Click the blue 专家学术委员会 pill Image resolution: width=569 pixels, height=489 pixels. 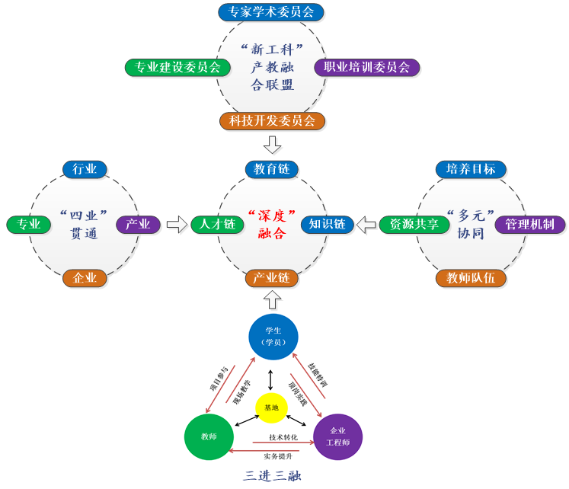tap(271, 12)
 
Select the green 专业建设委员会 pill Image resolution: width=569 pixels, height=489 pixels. tap(177, 67)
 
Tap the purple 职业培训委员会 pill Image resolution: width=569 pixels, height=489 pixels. tap(366, 67)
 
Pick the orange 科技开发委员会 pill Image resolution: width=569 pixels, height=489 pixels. tap(272, 120)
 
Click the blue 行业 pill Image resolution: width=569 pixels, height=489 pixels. tap(85, 169)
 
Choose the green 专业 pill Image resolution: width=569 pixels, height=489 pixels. tap(29, 225)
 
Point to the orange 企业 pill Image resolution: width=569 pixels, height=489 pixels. tap(85, 278)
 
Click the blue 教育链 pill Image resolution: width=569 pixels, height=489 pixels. tap(272, 169)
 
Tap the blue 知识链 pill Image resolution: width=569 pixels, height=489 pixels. tap(328, 225)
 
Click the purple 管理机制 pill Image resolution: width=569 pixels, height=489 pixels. tap(530, 225)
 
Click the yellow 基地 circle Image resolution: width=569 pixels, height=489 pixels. tap(272, 408)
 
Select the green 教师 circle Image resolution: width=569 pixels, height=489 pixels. tap(208, 437)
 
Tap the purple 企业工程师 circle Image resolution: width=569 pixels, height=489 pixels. tap(337, 436)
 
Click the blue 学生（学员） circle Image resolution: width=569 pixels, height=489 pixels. tap(273, 337)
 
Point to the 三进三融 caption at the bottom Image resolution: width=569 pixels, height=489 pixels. tap(273, 476)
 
